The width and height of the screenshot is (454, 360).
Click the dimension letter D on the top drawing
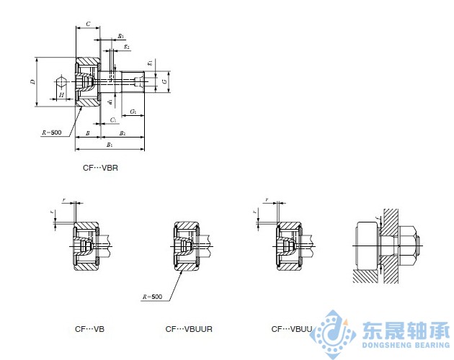32,82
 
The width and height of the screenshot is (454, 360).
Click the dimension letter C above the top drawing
87,24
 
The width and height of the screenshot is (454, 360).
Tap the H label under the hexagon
61,95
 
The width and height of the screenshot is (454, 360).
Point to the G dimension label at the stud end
165,83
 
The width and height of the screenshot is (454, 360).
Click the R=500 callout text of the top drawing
52,132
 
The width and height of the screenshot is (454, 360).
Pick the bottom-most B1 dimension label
110,145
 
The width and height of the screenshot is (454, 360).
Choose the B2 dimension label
123,133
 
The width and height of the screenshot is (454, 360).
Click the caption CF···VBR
100,168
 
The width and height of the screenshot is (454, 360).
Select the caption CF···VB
89,329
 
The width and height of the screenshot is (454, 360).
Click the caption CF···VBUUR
189,329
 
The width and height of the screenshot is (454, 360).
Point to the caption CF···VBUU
292,329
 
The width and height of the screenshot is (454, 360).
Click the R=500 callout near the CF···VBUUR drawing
152,297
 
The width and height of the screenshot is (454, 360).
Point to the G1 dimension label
134,112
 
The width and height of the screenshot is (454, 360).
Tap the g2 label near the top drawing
127,46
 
